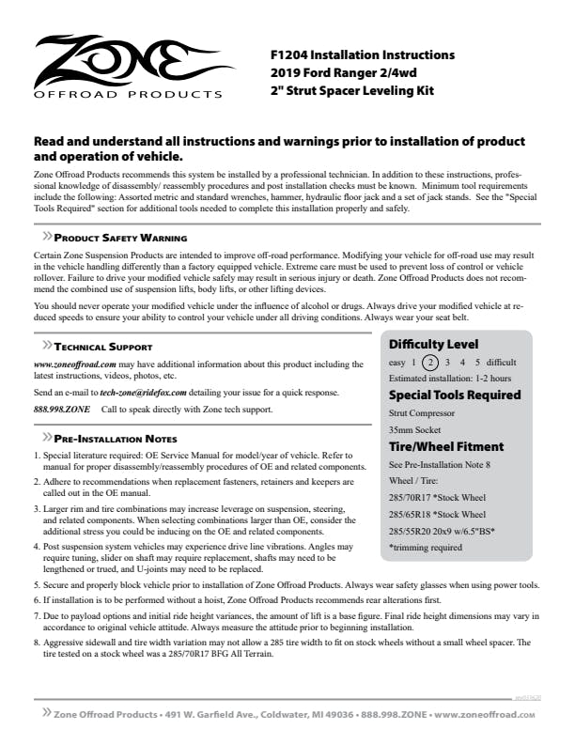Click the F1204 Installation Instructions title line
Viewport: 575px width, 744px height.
pyautogui.click(x=362, y=55)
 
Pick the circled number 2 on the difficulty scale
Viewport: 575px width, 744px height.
pyautogui.click(x=429, y=363)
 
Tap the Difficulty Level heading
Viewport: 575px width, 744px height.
pyautogui.click(x=433, y=344)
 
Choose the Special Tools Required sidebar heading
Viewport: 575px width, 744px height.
pyautogui.click(x=455, y=395)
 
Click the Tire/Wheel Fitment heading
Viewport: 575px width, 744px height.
pyautogui.click(x=446, y=446)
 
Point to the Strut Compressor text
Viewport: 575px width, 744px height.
pyautogui.click(x=423, y=412)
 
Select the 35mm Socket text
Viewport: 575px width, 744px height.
pyautogui.click(x=415, y=429)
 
